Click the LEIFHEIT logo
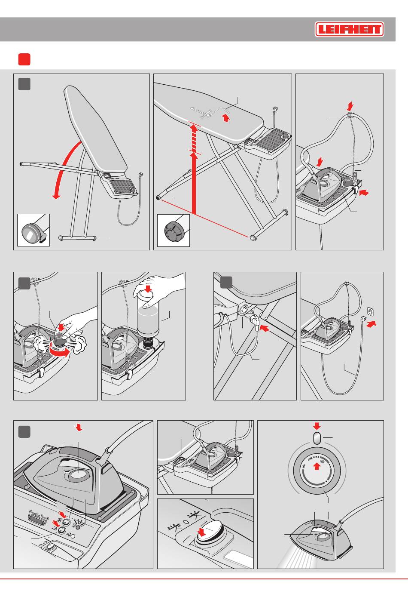[x=349, y=30]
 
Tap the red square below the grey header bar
[x=24, y=59]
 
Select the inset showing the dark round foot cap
[x=174, y=231]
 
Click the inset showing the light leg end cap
[x=33, y=230]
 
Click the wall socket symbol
[x=369, y=311]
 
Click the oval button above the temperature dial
[x=317, y=439]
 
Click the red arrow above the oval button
[x=317, y=426]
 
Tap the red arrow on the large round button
[x=201, y=533]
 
